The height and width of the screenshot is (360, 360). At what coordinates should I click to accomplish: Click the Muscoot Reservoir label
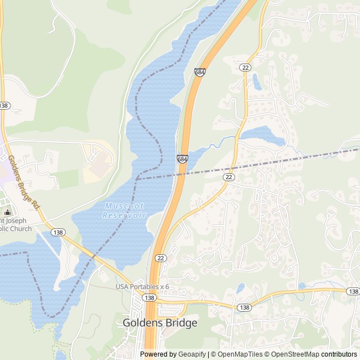pyautogui.click(x=124, y=211)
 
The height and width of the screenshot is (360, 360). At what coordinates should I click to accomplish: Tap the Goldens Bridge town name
pyautogui.click(x=160, y=323)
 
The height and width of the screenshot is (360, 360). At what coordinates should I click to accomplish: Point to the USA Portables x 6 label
pyautogui.click(x=142, y=287)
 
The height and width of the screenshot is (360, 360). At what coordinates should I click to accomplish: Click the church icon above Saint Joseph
pyautogui.click(x=7, y=212)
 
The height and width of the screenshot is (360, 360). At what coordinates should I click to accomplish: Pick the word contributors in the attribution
pyautogui.click(x=339, y=354)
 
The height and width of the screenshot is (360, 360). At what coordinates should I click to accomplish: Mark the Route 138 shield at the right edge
pyautogui.click(x=353, y=291)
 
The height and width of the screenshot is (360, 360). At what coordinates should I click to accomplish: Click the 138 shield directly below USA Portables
pyautogui.click(x=149, y=298)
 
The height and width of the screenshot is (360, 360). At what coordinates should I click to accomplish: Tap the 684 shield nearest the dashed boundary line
pyautogui.click(x=182, y=160)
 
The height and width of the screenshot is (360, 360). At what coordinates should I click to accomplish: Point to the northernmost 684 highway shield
pyautogui.click(x=200, y=73)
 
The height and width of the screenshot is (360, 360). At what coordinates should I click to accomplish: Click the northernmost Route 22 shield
pyautogui.click(x=245, y=67)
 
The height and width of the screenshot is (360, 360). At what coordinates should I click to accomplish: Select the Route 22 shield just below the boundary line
pyautogui.click(x=228, y=177)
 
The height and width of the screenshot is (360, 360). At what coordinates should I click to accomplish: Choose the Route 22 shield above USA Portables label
pyautogui.click(x=161, y=258)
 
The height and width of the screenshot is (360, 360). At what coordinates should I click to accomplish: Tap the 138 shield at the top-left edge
pyautogui.click(x=4, y=106)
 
